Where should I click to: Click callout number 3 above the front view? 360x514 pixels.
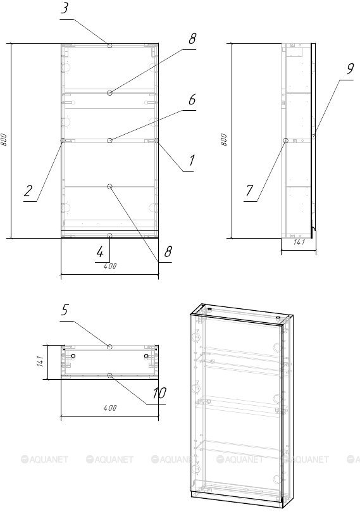(x=65, y=8)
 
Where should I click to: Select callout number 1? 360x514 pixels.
(x=191, y=160)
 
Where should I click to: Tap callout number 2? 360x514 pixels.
(x=28, y=191)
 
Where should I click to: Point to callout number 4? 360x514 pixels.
(x=100, y=252)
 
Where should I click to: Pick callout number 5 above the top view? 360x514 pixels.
(x=65, y=310)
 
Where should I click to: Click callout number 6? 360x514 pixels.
(x=192, y=99)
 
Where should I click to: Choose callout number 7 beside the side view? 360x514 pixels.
(x=249, y=191)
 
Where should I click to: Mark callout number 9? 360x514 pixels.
(x=350, y=69)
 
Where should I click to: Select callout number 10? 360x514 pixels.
(x=159, y=393)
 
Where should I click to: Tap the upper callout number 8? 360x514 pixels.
(x=192, y=39)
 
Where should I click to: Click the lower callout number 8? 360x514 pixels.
(x=168, y=252)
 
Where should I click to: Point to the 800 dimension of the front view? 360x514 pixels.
(x=4, y=140)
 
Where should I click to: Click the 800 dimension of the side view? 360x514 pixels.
(x=224, y=140)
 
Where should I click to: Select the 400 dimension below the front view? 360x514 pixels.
(x=110, y=266)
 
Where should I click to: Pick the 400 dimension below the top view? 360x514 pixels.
(x=110, y=408)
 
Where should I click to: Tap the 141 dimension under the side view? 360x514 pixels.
(x=299, y=242)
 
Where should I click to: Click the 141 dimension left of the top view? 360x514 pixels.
(x=40, y=361)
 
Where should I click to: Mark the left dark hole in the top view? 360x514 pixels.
(x=73, y=356)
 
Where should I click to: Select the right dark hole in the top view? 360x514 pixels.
(x=146, y=356)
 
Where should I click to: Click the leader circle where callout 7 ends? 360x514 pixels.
(x=285, y=141)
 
